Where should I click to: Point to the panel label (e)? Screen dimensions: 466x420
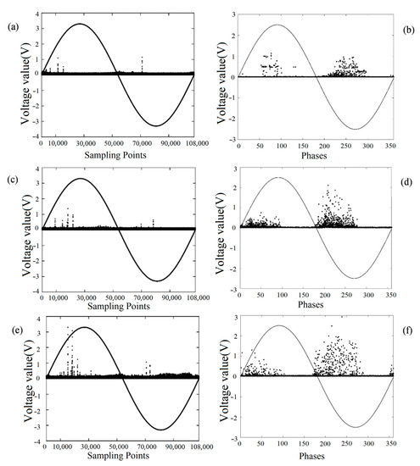pos(11,320)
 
